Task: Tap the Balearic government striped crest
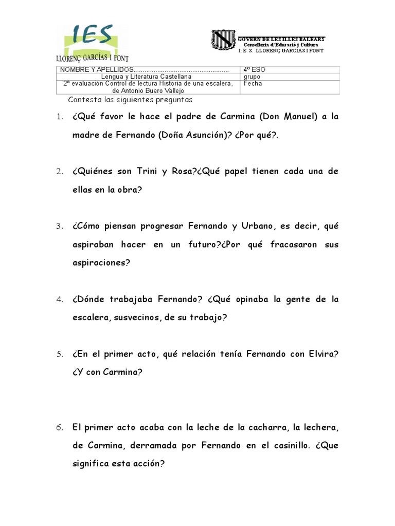pyautogui.click(x=224, y=41)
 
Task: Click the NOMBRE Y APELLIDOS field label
pyautogui.click(x=96, y=70)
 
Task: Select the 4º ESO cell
pyautogui.click(x=255, y=70)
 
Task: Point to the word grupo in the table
pyautogui.click(x=253, y=77)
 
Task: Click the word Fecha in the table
pyautogui.click(x=254, y=84)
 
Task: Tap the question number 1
pyautogui.click(x=59, y=117)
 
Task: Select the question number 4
pyautogui.click(x=59, y=299)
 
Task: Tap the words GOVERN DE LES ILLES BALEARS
pyautogui.click(x=281, y=40)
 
